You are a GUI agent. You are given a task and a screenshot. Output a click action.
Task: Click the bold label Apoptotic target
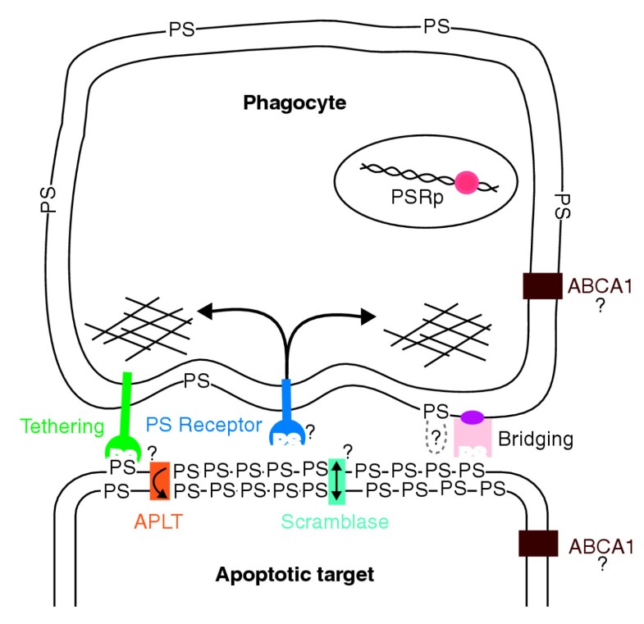(x=294, y=574)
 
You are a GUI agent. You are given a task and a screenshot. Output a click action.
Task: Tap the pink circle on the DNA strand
(x=468, y=183)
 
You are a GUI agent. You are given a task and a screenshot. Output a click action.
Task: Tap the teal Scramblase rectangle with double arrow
(x=336, y=481)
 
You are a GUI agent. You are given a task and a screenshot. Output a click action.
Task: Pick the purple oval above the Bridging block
(x=472, y=417)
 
